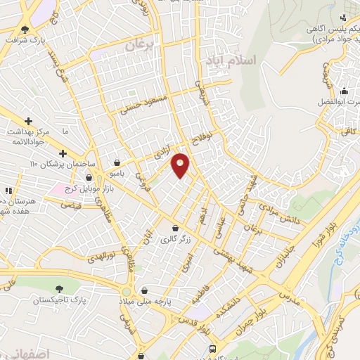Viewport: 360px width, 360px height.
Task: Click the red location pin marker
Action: [x=181, y=165]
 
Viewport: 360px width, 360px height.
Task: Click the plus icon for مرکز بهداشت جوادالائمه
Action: [x=28, y=121]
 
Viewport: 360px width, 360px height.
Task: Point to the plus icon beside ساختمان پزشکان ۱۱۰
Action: [x=63, y=153]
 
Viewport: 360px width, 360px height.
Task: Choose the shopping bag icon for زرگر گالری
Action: [x=175, y=229]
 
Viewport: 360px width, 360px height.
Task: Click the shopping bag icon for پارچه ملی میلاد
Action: [x=144, y=290]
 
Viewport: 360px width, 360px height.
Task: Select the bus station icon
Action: [x=213, y=349]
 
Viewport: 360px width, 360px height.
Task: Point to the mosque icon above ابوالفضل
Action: [x=344, y=91]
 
